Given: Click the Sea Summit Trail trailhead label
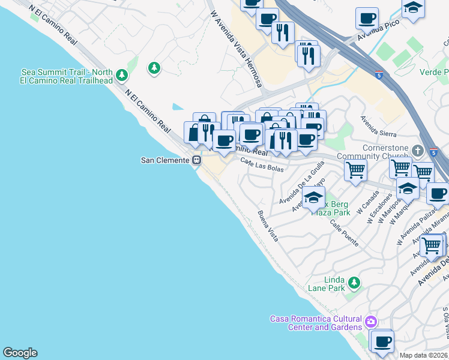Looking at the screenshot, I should (x=66, y=76).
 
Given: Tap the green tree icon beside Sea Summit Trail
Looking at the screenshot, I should (x=122, y=76).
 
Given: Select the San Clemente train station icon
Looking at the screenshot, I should (x=196, y=160).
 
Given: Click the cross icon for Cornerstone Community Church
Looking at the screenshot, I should (x=418, y=150).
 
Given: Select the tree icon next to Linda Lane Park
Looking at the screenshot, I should (x=355, y=282).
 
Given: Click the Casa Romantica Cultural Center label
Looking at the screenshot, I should (x=316, y=323).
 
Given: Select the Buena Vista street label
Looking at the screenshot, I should (x=268, y=226).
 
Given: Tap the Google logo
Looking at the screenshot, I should (x=20, y=353).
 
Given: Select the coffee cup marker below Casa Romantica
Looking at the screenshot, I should (x=382, y=343).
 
